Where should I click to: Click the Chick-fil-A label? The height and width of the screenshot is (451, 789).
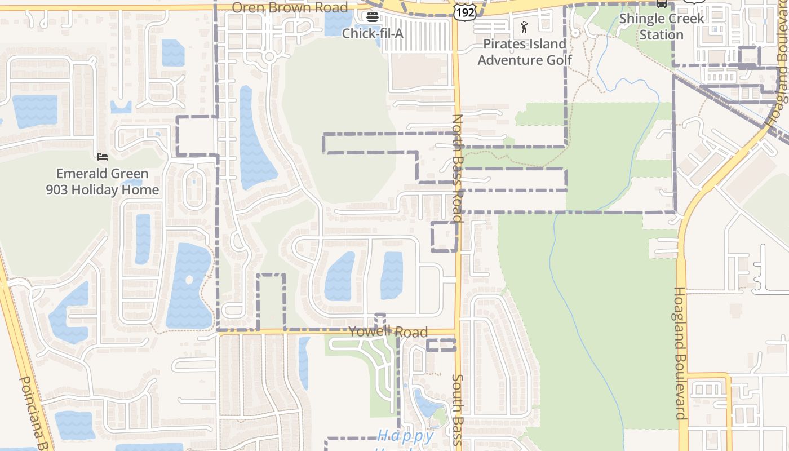pyautogui.click(x=373, y=33)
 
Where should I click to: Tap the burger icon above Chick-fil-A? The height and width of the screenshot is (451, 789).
pyautogui.click(x=372, y=16)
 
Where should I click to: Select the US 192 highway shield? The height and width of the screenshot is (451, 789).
pyautogui.click(x=466, y=11)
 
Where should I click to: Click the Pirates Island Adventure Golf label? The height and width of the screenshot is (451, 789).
pyautogui.click(x=525, y=52)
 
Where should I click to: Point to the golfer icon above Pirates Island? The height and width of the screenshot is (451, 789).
pyautogui.click(x=525, y=26)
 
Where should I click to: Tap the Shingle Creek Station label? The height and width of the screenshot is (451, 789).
pyautogui.click(x=662, y=26)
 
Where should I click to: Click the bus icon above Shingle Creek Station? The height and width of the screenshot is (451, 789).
pyautogui.click(x=662, y=3)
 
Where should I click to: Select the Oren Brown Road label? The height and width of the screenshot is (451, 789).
pyautogui.click(x=290, y=7)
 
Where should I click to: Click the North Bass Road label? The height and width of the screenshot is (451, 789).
pyautogui.click(x=458, y=168)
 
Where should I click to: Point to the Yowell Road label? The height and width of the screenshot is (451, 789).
pyautogui.click(x=388, y=331)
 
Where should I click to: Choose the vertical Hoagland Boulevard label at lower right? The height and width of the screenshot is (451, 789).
pyautogui.click(x=681, y=353)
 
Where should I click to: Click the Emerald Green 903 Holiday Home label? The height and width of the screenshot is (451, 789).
pyautogui.click(x=103, y=182)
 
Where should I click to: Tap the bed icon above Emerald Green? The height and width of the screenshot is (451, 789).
pyautogui.click(x=103, y=156)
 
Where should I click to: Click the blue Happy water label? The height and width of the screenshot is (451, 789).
pyautogui.click(x=405, y=436)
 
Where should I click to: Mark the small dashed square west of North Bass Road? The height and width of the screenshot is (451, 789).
pyautogui.click(x=444, y=237)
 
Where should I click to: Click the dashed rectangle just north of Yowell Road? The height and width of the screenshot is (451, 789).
pyautogui.click(x=271, y=302)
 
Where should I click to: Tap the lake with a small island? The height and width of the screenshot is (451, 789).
pyautogui.click(x=189, y=286)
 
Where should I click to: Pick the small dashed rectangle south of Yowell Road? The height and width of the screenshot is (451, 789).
pyautogui.click(x=441, y=345)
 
